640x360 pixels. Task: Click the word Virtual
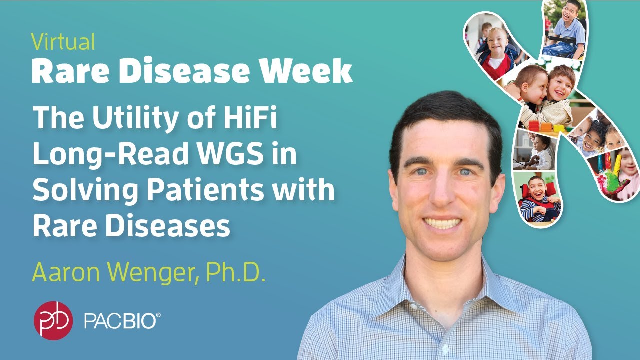click(x=63, y=42)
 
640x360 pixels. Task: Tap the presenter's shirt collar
click(x=440, y=280)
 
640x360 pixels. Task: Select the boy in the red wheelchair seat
click(x=537, y=197)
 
